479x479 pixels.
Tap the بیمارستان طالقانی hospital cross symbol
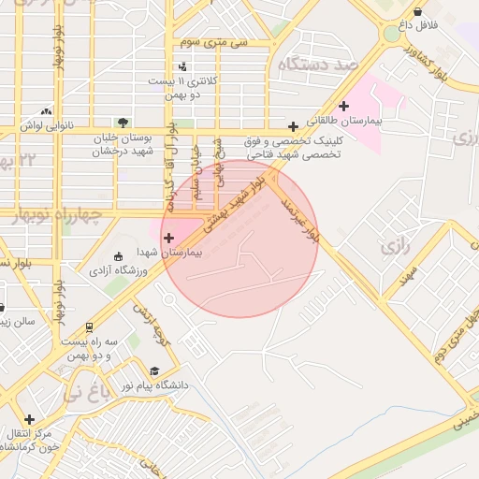click(344, 106)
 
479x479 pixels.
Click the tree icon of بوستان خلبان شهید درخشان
click(123, 122)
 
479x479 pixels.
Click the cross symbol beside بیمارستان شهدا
click(168, 239)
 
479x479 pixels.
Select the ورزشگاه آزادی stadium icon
click(117, 256)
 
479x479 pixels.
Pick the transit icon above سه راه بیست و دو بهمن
click(89, 328)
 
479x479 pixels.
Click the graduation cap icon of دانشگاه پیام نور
click(153, 371)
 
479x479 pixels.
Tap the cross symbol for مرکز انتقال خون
click(30, 419)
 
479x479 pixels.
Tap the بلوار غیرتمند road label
click(301, 211)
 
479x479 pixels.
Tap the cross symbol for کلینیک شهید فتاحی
click(294, 126)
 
